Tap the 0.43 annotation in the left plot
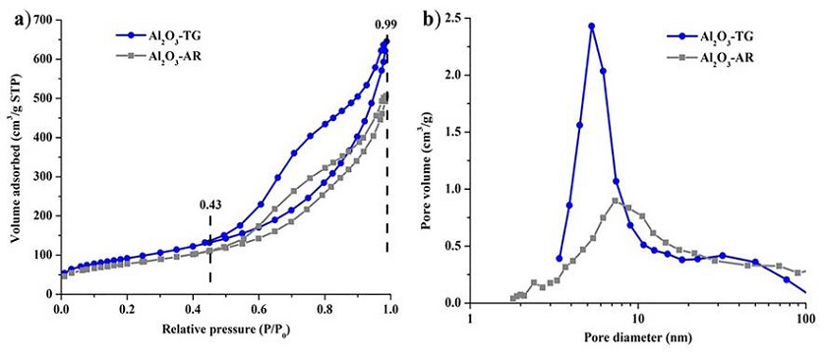tap(210, 205)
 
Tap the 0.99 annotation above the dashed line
tap(385, 24)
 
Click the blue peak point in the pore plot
tap(592, 27)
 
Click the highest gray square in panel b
tap(616, 201)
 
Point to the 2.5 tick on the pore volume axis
tap(455, 18)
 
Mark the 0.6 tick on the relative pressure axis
tap(259, 308)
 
